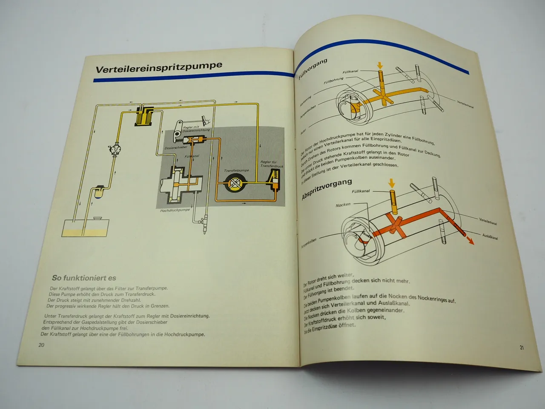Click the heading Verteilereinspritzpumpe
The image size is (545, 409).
coord(159,67)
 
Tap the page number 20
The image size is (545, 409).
coord(41,345)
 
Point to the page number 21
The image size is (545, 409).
coord(522,348)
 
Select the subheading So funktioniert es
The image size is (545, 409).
coord(84,278)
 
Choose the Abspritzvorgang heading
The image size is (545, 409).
coord(327,189)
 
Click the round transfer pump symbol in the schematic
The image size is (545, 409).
coord(235,183)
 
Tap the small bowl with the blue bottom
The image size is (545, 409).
coord(98,192)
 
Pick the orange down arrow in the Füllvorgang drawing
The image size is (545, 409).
coord(379,65)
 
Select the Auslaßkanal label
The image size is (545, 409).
coord(490,236)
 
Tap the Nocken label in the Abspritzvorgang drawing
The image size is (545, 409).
coord(343,204)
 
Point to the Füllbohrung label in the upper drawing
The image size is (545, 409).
coord(333,80)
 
